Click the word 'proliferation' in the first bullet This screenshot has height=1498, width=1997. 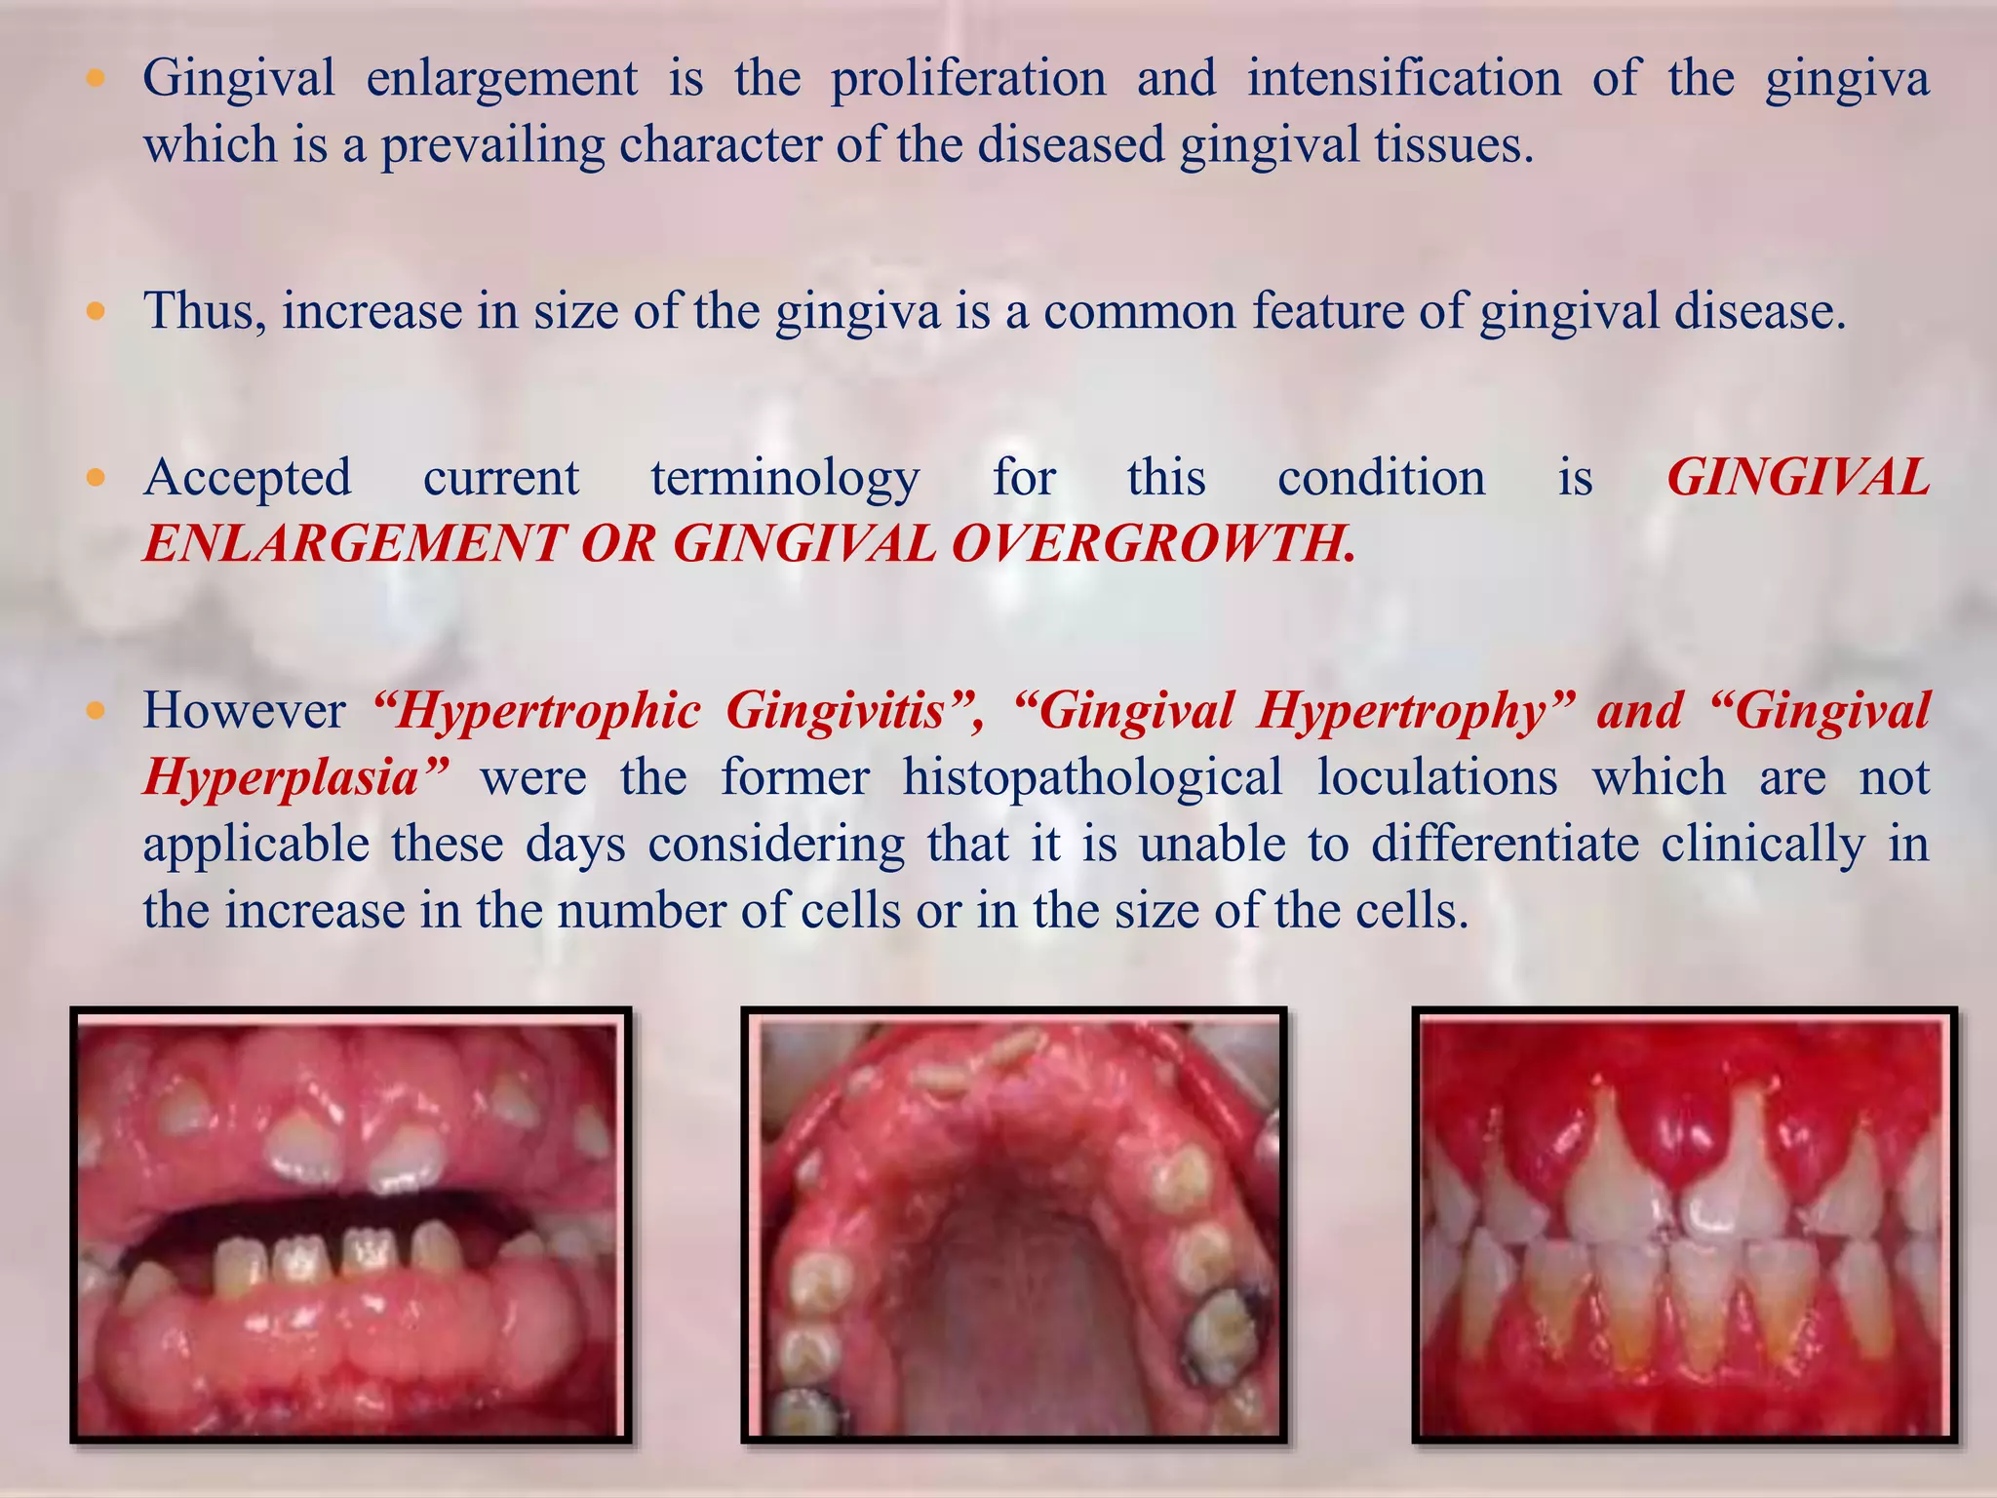[x=967, y=80]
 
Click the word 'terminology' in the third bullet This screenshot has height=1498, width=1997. [x=785, y=479]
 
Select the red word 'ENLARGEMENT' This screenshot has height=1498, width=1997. [x=354, y=544]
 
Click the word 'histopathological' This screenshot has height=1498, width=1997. [x=1092, y=777]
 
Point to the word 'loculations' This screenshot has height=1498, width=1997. [x=1437, y=777]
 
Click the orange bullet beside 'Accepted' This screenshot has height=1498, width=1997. [x=96, y=479]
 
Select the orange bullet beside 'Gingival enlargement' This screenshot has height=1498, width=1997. [x=96, y=80]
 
